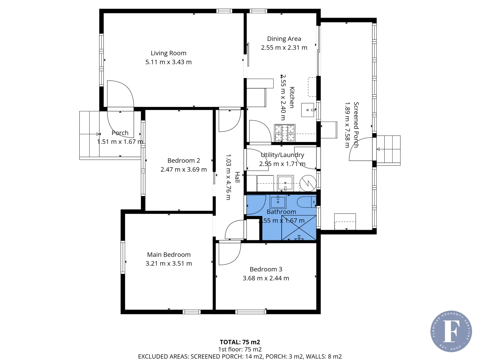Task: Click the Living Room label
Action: click(168, 53)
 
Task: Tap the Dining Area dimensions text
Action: click(284, 48)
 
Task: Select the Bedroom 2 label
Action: click(184, 161)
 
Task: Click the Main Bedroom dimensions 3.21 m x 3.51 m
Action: click(169, 264)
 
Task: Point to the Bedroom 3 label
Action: click(266, 269)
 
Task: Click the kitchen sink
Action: click(308, 110)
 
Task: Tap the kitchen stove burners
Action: click(285, 133)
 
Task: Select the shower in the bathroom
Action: click(299, 228)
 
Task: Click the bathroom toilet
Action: click(306, 202)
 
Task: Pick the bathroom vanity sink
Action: click(278, 201)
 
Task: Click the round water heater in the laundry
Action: click(308, 183)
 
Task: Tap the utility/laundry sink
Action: click(285, 183)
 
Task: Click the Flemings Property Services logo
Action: click(451, 331)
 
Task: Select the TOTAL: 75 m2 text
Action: click(240, 342)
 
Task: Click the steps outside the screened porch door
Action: click(388, 150)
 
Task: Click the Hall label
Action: click(237, 177)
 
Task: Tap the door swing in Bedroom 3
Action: click(229, 253)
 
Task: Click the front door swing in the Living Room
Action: click(120, 95)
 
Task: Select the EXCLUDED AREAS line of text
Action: click(240, 356)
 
